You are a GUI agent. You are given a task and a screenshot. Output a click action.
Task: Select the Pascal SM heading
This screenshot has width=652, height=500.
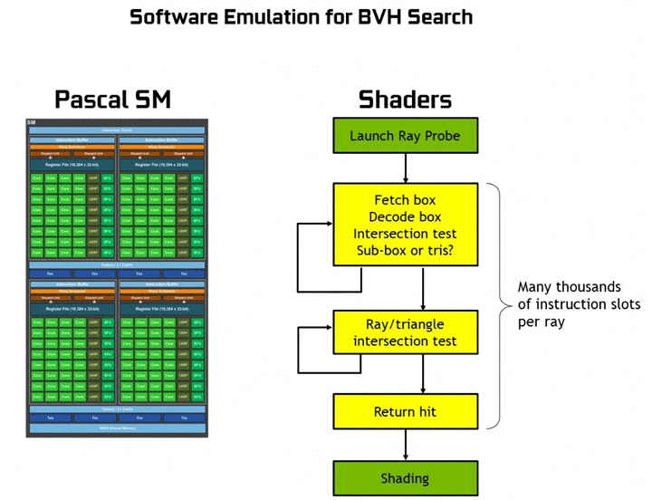(x=112, y=99)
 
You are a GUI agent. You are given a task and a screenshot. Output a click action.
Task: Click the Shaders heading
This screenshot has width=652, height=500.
(x=405, y=99)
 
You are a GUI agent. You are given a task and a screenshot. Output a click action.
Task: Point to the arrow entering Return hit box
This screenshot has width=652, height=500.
(x=423, y=380)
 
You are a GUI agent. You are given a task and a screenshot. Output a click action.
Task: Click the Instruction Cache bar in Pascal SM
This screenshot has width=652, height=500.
(x=117, y=130)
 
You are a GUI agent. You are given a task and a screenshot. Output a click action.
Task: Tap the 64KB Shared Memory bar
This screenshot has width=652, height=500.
(x=117, y=427)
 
